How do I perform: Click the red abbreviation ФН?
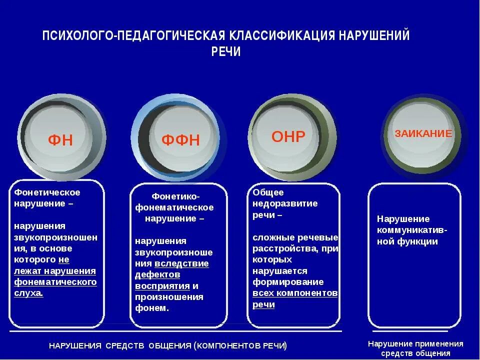[x=60, y=140]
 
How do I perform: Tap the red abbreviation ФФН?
[x=180, y=140]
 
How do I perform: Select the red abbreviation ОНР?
[x=288, y=136]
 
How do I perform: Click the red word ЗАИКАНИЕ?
[x=423, y=133]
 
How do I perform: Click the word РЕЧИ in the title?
[x=226, y=52]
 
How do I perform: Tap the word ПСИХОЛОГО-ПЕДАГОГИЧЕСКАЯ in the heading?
[x=134, y=36]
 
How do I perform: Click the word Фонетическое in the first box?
[x=47, y=192]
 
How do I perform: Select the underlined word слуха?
[x=28, y=293]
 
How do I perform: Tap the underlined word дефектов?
[x=157, y=274]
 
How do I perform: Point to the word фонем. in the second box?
[x=152, y=308]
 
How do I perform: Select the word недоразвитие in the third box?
[x=285, y=203]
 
